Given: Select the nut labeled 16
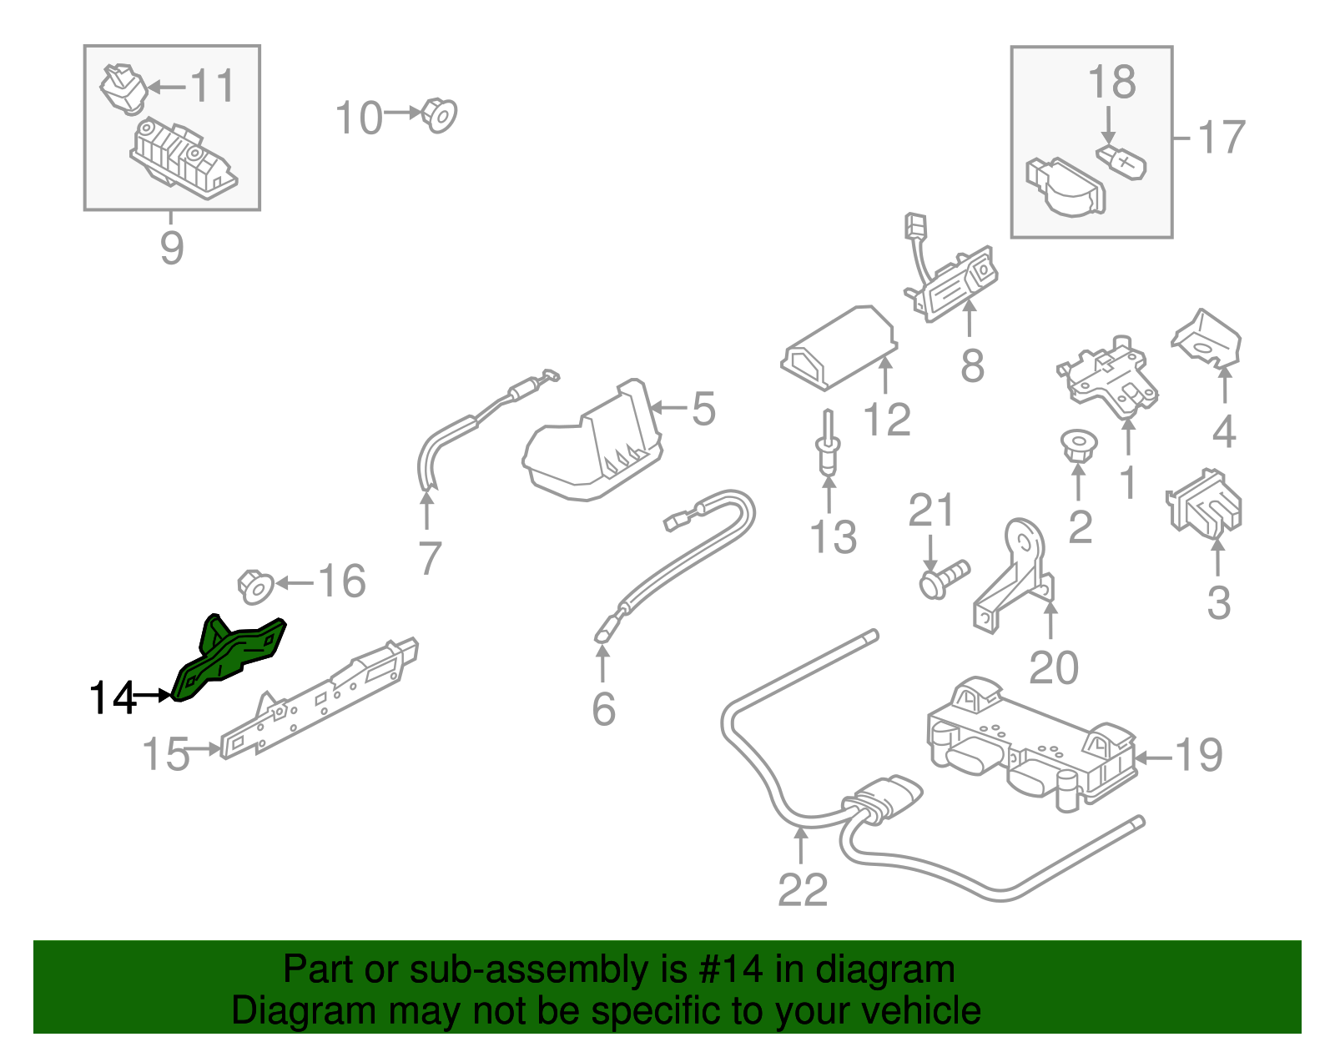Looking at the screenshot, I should point(255,586).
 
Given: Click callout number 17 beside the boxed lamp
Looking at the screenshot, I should point(1221,138).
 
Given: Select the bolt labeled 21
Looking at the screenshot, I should point(943,577).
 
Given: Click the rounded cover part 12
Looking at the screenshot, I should point(839,346).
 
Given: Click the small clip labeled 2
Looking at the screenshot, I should point(1078,445).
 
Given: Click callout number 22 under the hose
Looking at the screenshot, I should point(802,890).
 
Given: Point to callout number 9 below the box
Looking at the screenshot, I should point(171,248).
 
